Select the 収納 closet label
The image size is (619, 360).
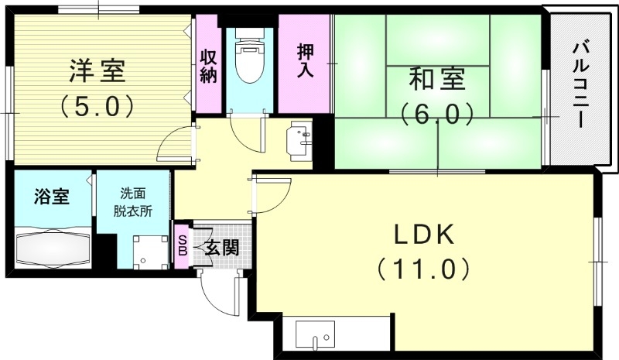point(208,67)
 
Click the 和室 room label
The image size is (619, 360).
point(436,81)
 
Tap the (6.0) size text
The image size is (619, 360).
point(436,114)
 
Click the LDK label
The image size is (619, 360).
point(424,235)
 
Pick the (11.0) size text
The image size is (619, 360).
point(424,269)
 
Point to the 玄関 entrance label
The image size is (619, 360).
point(221,248)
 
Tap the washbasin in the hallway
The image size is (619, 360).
point(300,140)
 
